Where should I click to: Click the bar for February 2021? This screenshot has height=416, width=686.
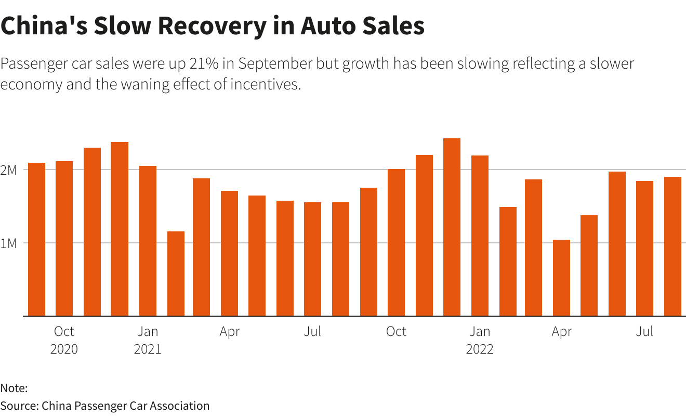point(176,274)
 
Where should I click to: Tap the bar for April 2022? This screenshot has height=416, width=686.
point(561,278)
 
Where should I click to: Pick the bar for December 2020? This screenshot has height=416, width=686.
point(120,229)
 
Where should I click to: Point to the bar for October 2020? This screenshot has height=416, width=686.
point(64,239)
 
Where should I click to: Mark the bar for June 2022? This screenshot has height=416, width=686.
point(617,244)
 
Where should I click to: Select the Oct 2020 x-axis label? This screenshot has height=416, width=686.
point(64,340)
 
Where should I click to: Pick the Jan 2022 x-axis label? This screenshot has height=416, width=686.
point(480,340)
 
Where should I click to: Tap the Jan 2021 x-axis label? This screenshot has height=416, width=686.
point(148,340)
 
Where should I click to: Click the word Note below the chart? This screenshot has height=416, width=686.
point(13,388)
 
